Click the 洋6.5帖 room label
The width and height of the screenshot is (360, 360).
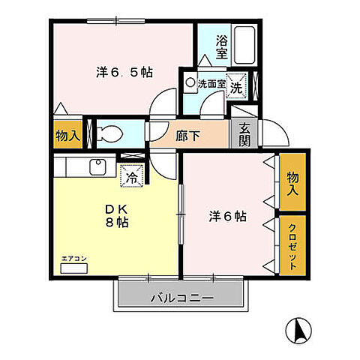124,73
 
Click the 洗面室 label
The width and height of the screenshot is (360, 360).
211,84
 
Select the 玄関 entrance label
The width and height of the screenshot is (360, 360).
245,136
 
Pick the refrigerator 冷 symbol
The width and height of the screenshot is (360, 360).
130,178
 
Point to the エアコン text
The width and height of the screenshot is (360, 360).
74,259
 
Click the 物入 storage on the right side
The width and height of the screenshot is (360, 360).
292,182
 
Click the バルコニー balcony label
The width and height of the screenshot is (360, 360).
182,297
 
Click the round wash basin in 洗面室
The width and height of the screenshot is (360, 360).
190,84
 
